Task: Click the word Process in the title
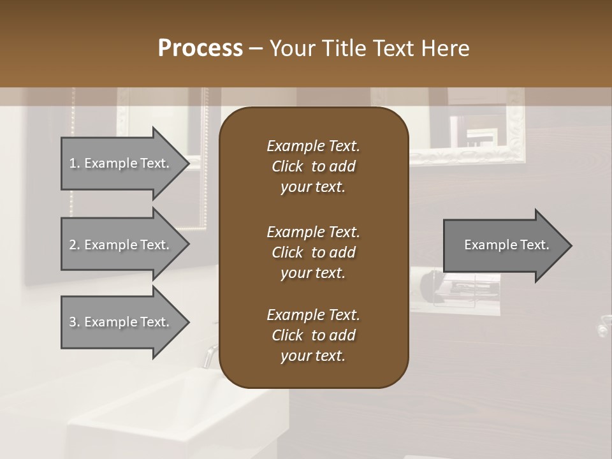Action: point(200,48)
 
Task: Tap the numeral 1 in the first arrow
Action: point(73,163)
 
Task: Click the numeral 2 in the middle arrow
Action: point(73,245)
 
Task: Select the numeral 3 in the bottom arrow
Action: point(73,322)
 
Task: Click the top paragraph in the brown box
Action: point(313,166)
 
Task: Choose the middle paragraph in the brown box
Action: point(313,252)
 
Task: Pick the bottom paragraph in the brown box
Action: point(313,335)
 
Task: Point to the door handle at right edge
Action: point(602,326)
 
